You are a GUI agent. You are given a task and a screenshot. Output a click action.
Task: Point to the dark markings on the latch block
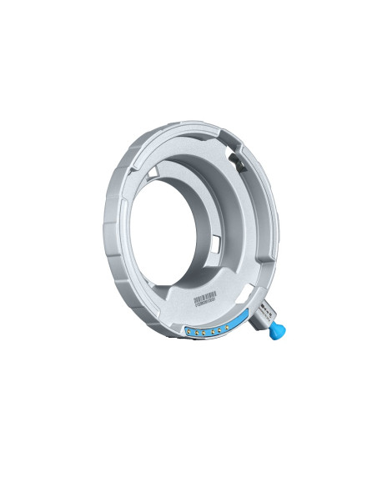pos(264,311)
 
